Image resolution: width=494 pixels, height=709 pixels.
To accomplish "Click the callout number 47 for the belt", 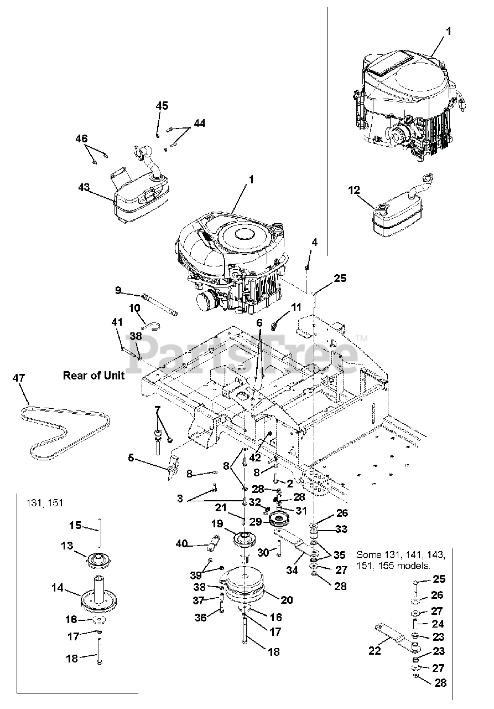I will (19, 378).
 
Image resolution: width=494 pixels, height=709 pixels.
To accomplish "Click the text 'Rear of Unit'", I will (93, 376).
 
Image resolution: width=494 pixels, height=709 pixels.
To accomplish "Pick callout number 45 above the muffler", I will (162, 106).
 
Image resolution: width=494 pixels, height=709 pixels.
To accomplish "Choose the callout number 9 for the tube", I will (118, 290).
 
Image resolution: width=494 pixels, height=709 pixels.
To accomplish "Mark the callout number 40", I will (181, 544).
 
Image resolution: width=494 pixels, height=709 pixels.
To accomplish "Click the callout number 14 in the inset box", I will (58, 588).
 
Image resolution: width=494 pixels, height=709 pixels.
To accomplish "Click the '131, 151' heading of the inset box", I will (45, 504).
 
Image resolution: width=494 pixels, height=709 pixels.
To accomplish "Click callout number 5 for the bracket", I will (131, 458).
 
